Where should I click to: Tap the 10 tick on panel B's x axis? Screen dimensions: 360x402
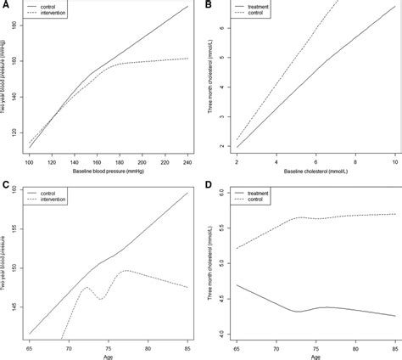coord(394,162)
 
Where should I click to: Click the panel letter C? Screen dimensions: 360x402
coord(5,184)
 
